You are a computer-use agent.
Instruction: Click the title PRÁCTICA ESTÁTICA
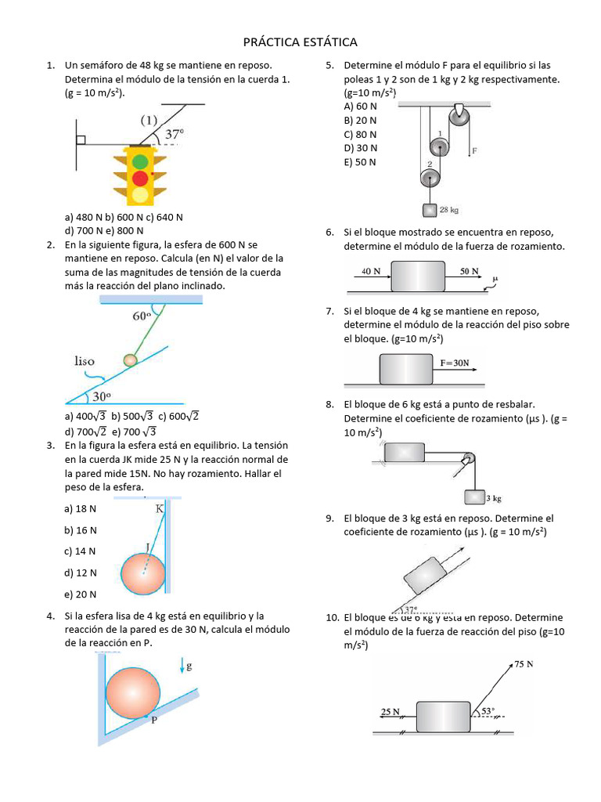click(300, 42)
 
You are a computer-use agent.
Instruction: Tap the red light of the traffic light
click(140, 178)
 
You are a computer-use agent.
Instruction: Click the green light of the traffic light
click(140, 162)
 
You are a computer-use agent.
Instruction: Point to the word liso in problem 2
click(85, 361)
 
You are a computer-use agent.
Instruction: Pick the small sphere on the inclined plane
click(130, 360)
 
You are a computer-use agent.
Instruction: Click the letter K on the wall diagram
click(160, 508)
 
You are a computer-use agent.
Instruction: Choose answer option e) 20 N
click(81, 594)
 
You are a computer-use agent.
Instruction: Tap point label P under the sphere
click(154, 721)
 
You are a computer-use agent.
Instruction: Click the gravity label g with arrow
click(186, 667)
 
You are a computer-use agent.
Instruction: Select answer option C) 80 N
click(360, 134)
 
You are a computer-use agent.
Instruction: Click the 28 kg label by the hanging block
click(449, 210)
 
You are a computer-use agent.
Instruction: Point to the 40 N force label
click(372, 271)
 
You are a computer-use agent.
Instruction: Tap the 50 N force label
click(470, 271)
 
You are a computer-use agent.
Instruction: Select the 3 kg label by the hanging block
click(493, 497)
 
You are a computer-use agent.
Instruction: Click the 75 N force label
click(524, 664)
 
